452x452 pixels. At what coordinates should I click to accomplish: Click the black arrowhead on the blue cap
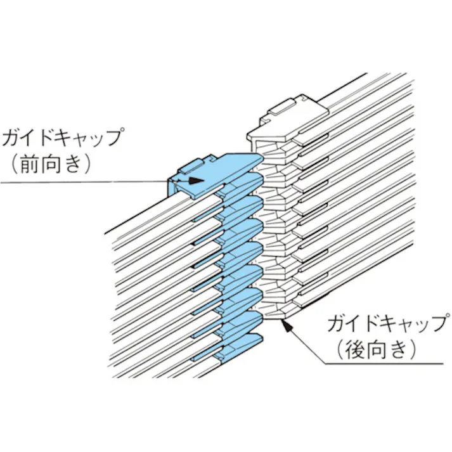pyautogui.click(x=197, y=180)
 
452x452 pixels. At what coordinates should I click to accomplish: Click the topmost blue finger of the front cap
pyautogui.click(x=241, y=162)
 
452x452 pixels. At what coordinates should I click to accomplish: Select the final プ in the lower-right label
pyautogui.click(x=437, y=323)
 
